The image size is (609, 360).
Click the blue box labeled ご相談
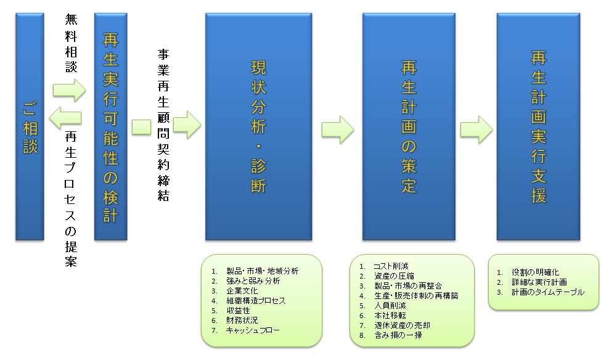(x=30, y=126)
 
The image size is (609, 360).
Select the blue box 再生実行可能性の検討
(x=111, y=126)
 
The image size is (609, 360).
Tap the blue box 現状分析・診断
(x=259, y=126)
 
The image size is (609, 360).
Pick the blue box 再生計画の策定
(x=409, y=126)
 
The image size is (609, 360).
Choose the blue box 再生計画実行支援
(x=538, y=126)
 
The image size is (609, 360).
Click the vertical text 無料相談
(x=71, y=43)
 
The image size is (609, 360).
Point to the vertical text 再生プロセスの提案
(x=71, y=199)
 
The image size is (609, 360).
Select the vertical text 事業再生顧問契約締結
(x=163, y=125)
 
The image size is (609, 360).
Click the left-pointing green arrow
(x=65, y=118)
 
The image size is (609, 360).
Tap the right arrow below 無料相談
(x=70, y=90)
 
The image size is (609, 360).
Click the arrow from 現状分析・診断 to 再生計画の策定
(x=338, y=129)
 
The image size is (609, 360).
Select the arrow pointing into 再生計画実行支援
(x=476, y=129)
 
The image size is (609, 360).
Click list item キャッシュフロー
(x=253, y=330)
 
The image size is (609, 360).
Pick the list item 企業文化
(x=242, y=291)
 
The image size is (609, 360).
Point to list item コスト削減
(x=391, y=266)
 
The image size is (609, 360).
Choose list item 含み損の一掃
(x=398, y=335)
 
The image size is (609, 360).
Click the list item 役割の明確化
(x=536, y=272)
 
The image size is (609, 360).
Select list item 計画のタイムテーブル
(x=548, y=292)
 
